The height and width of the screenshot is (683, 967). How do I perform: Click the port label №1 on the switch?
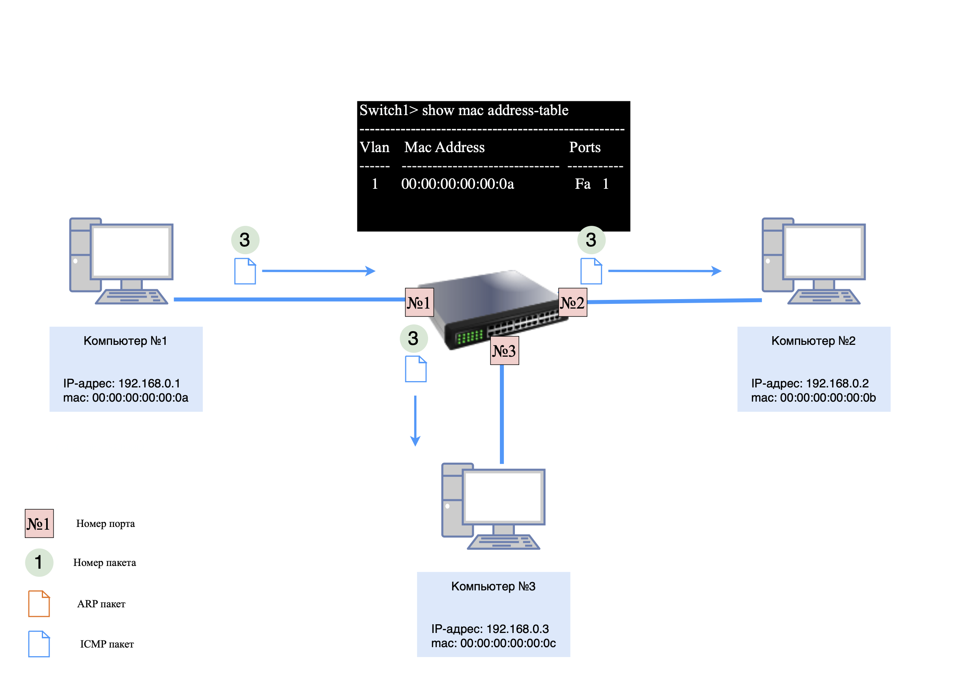coord(419,302)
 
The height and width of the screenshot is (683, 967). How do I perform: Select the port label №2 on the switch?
coord(572,302)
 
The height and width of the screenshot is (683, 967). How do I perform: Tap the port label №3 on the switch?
coord(504,350)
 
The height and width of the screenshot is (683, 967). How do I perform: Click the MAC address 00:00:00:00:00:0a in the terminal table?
coord(457,184)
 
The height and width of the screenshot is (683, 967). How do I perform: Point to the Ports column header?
coord(585,147)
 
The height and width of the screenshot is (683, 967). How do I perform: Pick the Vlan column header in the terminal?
coord(374,147)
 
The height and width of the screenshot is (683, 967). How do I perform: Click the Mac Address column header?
coord(444,147)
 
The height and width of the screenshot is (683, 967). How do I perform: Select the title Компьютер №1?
coord(125,341)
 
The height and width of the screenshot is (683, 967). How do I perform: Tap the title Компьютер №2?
coord(813,341)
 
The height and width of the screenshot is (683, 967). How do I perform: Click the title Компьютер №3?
coord(493,586)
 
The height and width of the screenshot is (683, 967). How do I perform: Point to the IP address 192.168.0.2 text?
coord(810,383)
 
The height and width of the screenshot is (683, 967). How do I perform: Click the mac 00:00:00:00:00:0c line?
coord(493,643)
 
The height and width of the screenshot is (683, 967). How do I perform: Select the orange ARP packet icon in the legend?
coord(39,603)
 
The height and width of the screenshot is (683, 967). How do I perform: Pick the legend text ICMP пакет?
coord(107,644)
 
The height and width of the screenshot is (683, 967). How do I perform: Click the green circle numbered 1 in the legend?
coord(39,562)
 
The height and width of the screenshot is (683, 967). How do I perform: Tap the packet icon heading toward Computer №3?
coord(416,369)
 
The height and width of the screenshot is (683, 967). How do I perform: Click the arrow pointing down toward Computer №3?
coord(415,421)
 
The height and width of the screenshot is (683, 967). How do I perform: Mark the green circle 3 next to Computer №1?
coord(245,240)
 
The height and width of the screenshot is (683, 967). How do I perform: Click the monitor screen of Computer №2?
coord(823,252)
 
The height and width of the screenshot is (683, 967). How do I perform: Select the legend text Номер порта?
coord(105,523)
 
